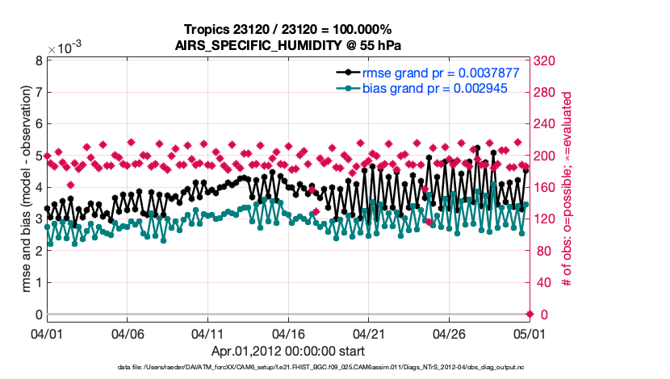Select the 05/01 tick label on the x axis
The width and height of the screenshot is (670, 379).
[529, 332]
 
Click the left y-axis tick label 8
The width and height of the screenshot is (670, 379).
[38, 60]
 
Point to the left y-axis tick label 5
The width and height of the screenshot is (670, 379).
[38, 156]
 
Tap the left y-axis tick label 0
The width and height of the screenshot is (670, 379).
[38, 314]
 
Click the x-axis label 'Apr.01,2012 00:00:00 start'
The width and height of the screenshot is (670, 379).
[288, 351]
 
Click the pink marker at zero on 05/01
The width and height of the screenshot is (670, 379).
[530, 314]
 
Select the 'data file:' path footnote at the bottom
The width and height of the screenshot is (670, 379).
[288, 368]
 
